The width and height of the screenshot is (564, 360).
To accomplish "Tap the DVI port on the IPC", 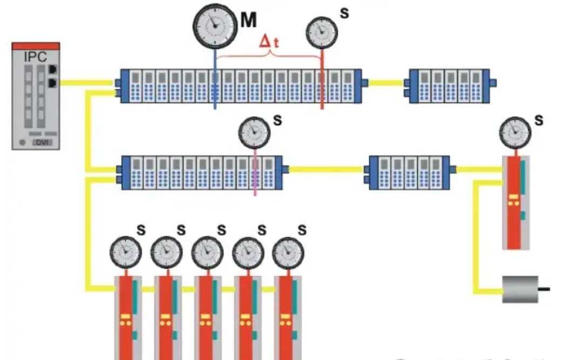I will click(43, 142).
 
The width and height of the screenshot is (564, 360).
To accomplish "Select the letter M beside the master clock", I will click(248, 20).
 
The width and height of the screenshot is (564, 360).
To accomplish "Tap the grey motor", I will click(520, 289).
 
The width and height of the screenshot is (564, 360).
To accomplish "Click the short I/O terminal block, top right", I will click(449, 85).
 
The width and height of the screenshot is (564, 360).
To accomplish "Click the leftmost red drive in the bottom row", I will click(127, 318).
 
